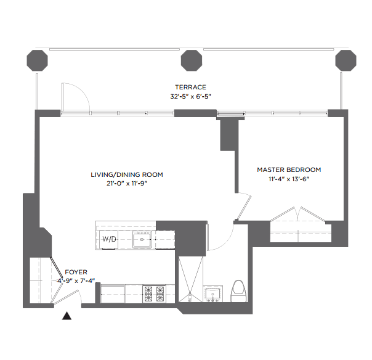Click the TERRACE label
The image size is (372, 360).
click(x=190, y=87)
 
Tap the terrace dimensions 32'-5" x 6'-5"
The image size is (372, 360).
click(x=190, y=96)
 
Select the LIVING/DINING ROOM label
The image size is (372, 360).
click(x=127, y=175)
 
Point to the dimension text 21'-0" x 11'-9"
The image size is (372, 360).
click(x=127, y=183)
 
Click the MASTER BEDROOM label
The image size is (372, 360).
click(x=289, y=170)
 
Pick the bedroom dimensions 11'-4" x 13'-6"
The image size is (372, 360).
click(x=289, y=179)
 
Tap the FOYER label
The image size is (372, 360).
click(x=76, y=272)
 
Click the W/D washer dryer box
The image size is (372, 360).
click(x=109, y=239)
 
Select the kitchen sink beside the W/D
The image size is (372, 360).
click(x=142, y=239)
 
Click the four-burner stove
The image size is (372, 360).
click(x=154, y=294)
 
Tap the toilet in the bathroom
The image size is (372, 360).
click(x=239, y=291)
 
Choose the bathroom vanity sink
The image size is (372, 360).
click(x=212, y=294)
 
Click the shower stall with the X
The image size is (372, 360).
click(x=190, y=279)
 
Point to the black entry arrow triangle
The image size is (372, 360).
click(x=67, y=316)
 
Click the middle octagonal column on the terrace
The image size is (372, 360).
click(x=192, y=60)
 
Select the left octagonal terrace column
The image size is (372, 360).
click(x=37, y=60)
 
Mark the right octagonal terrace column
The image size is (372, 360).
click(x=346, y=60)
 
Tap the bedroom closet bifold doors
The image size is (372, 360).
click(x=297, y=214)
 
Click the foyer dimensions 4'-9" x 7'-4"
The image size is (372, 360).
click(x=76, y=280)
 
